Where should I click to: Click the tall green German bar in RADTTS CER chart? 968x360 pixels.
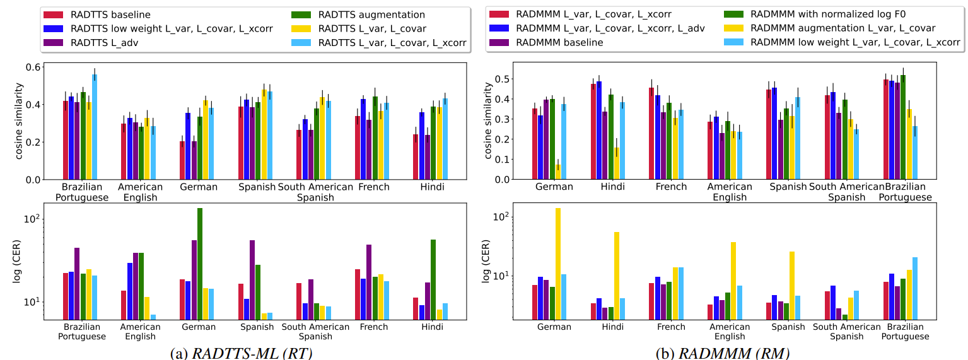pos(200,264)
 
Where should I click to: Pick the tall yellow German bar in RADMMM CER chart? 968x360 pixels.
pos(558,264)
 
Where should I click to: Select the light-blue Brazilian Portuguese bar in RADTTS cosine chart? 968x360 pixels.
pos(95,127)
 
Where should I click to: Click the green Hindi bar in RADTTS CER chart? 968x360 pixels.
pos(433,280)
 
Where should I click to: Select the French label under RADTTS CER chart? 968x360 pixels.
pos(375,327)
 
